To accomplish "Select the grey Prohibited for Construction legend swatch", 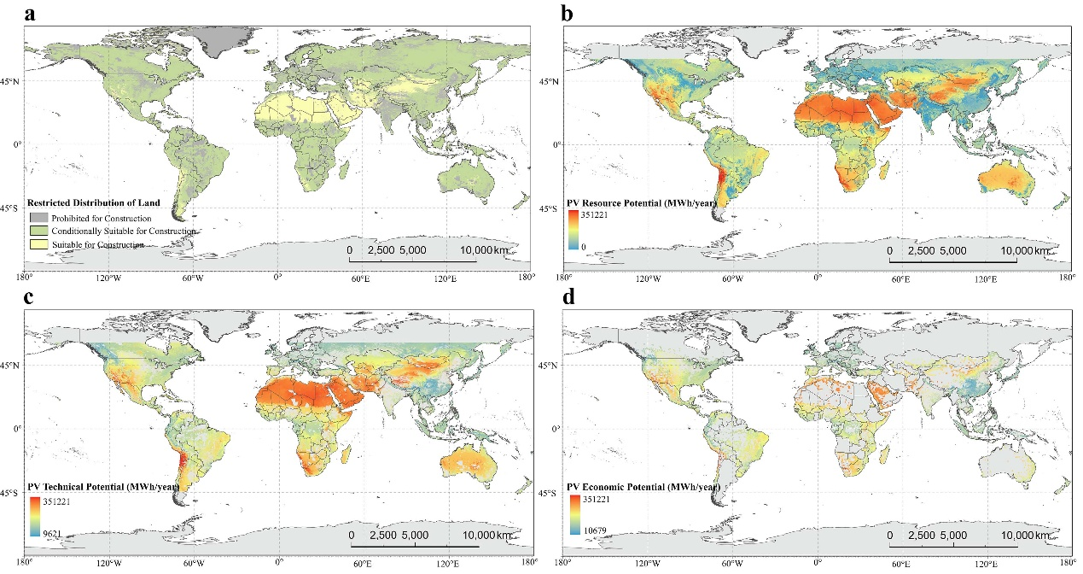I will coord(38,218).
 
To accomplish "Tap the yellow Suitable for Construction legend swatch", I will coord(38,244).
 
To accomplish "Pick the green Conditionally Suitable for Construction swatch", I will coord(38,231).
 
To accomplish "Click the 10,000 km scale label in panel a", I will coord(487,250).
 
